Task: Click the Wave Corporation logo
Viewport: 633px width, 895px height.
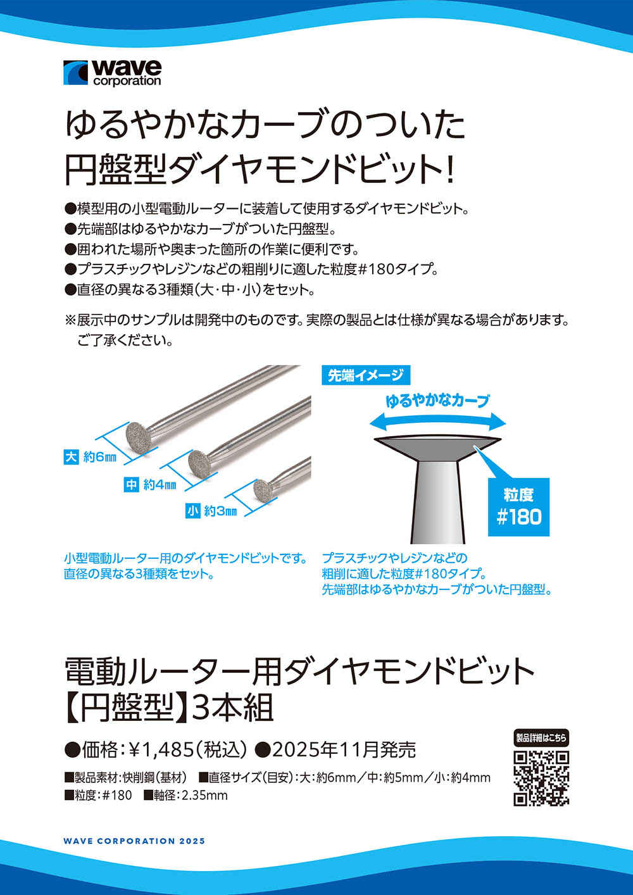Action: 112,73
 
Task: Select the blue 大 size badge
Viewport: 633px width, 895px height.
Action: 71,457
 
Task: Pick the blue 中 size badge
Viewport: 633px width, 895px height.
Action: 131,485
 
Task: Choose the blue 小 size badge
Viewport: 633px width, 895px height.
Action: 192,511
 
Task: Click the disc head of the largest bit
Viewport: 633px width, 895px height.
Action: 137,436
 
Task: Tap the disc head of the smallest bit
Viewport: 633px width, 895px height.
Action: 261,489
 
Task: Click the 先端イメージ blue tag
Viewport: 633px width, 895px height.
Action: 366,375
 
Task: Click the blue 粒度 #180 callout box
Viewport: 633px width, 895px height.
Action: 518,506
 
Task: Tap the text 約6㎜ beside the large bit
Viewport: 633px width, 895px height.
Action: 100,458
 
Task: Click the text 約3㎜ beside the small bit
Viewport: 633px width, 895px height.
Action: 220,511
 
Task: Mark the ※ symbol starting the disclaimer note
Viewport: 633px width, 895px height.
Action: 70,320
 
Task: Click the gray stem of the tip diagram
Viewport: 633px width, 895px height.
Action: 437,502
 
